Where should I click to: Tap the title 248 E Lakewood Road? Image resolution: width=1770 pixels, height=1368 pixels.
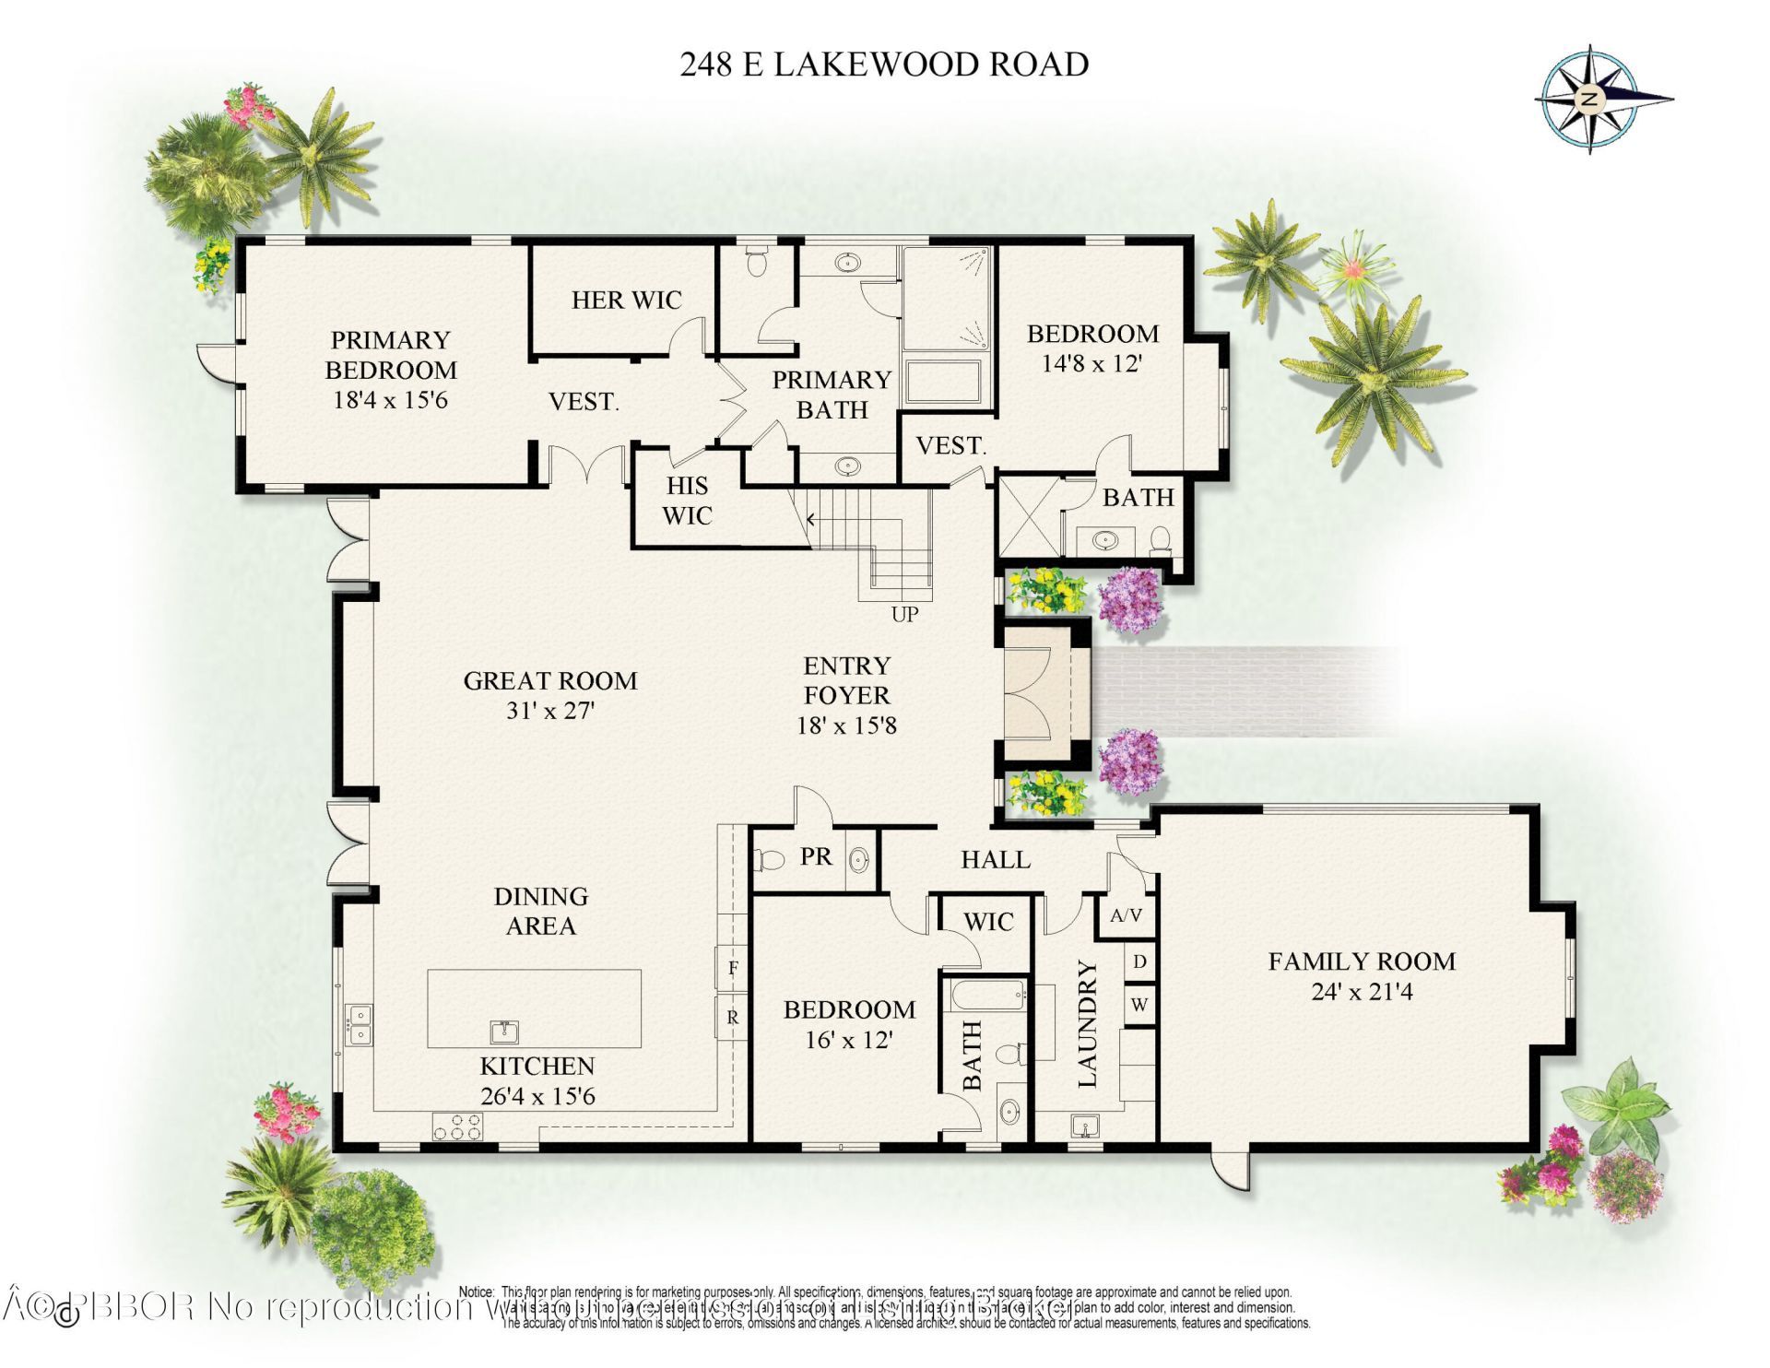pos(884,65)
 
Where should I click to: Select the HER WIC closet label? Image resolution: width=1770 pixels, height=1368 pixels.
pos(626,300)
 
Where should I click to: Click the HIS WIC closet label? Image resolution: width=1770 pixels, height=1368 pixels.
pos(687,501)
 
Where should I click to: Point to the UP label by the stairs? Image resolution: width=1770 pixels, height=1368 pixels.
pos(904,614)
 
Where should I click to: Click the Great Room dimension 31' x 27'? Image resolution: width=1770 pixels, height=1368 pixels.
pos(550,711)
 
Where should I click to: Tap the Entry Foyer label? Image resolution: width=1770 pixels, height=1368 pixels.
pos(846,680)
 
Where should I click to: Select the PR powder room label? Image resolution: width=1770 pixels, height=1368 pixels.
pos(816,856)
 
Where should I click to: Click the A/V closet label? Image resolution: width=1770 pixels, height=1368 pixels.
pos(1126,915)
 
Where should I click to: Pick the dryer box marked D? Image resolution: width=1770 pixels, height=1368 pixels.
pos(1139,962)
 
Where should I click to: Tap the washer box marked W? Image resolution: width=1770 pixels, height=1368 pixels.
pos(1139,1005)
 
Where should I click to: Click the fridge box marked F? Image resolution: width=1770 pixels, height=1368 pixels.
pos(733,968)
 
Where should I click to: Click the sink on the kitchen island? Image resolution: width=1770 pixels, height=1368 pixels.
pos(503,1031)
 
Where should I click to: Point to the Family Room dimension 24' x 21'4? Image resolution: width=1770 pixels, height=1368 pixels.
pos(1362,992)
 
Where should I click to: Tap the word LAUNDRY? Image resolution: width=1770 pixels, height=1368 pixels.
pos(1088,1023)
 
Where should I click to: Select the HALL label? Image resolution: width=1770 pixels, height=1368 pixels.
pos(996,859)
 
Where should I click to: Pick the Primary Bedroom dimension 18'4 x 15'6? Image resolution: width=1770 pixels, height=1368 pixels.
pos(390,400)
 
